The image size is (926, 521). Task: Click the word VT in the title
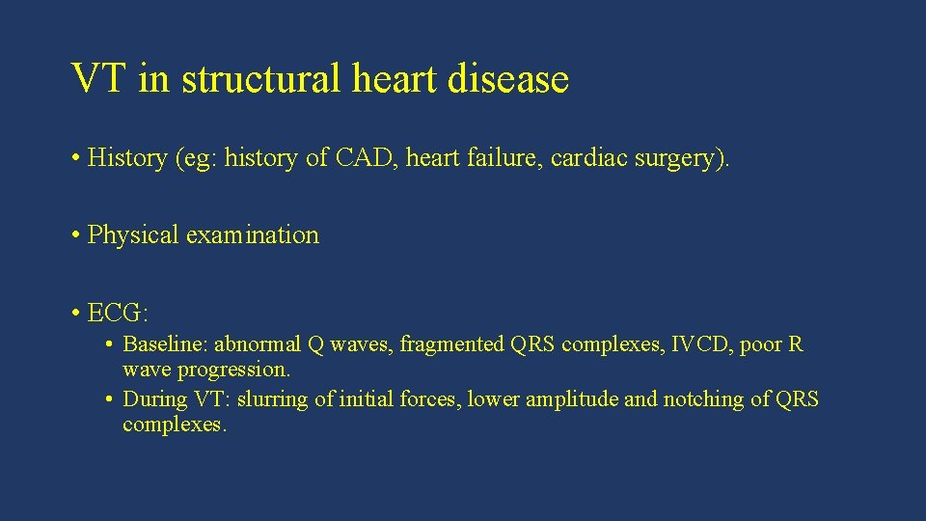(x=100, y=79)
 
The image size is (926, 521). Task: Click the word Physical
(x=133, y=235)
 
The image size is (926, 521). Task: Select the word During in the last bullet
(x=154, y=399)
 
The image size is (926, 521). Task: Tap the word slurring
(x=272, y=399)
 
